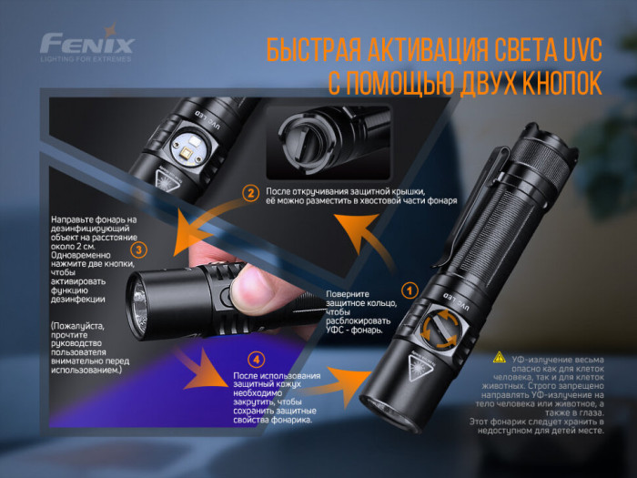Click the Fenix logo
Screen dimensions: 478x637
tap(86, 44)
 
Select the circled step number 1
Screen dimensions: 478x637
tap(409, 291)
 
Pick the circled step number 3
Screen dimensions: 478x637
tap(137, 249)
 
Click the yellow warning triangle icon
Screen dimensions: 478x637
tap(499, 357)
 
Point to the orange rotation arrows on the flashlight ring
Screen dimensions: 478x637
tap(440, 329)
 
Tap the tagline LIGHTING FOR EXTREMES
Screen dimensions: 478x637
tap(86, 59)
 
